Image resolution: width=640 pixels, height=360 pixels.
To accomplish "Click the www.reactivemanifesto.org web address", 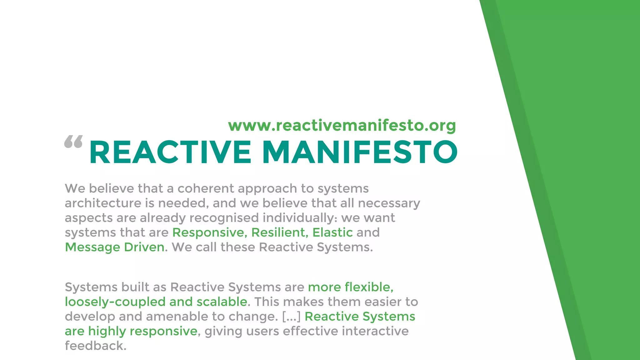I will [x=342, y=126].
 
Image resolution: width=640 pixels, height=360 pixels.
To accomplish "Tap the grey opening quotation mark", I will [x=73, y=142].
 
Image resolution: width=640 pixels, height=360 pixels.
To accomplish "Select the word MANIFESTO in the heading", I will [x=360, y=152].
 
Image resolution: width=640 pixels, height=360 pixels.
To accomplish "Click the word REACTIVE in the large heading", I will [x=170, y=152].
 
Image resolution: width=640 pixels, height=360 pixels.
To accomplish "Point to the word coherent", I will [x=206, y=188].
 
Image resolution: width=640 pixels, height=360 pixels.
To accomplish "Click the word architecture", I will [x=103, y=203].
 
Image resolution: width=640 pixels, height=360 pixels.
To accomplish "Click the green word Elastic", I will [x=332, y=232].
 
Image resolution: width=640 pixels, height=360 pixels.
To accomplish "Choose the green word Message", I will [x=92, y=247].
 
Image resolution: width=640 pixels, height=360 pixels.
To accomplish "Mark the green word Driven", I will [x=144, y=247].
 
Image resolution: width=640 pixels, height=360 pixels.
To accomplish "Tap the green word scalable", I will [x=222, y=302].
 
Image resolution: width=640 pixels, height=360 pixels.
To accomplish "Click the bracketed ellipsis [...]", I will [x=291, y=316].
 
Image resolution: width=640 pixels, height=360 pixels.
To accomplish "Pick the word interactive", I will [x=375, y=331].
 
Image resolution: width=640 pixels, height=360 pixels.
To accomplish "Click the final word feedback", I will [x=95, y=346].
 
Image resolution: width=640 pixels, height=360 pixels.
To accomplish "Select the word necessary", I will [x=389, y=203].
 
